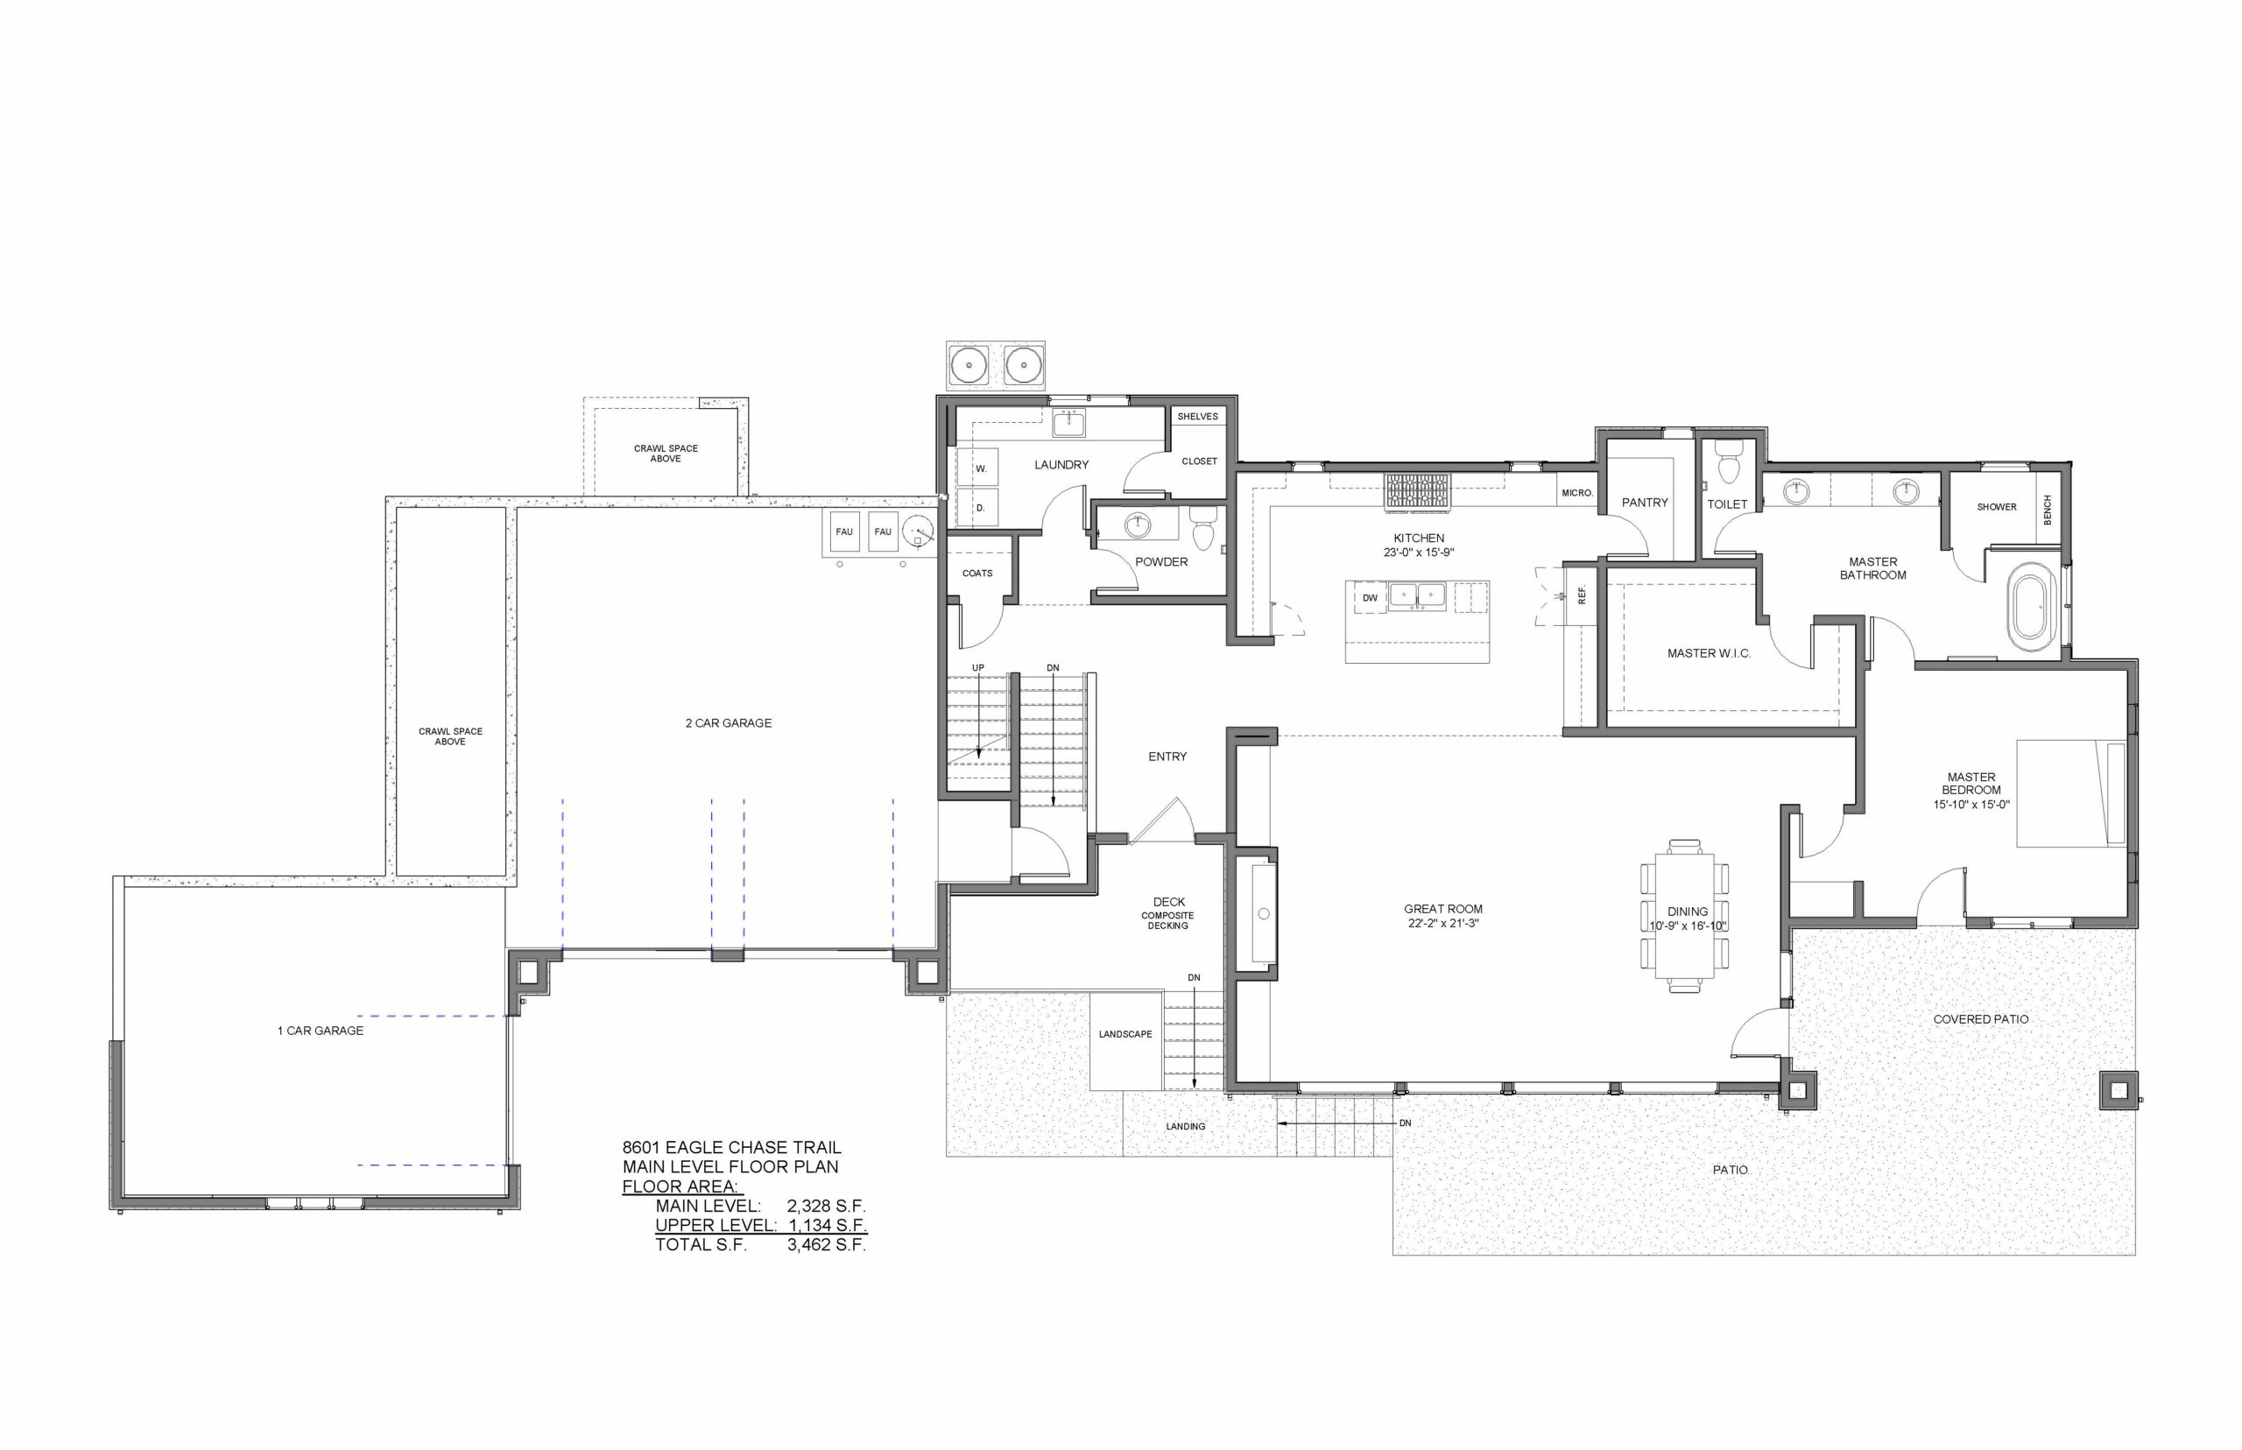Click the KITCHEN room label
tap(1418, 538)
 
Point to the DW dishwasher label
tap(1369, 598)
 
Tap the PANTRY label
tap(1644, 503)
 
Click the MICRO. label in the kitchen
tap(1577, 492)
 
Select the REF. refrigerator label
tap(1582, 595)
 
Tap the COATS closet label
tap(977, 573)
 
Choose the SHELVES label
tap(1198, 416)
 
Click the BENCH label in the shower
tap(2047, 510)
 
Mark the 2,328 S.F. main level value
tap(826, 1206)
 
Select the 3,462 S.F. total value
tap(826, 1245)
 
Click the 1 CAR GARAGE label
tap(321, 1031)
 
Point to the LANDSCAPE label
tap(1125, 1034)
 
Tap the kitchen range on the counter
tap(1417, 491)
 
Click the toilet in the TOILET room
tap(1729, 462)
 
